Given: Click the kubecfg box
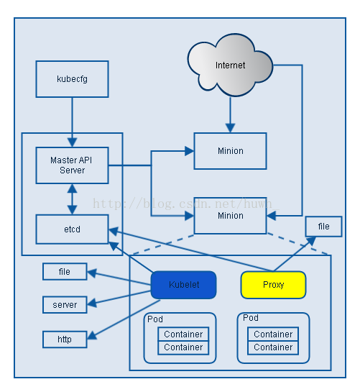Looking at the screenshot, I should click(x=72, y=79).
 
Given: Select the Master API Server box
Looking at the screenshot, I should click(x=72, y=165).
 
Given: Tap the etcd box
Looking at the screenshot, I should click(x=72, y=229).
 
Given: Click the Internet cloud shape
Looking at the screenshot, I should click(x=230, y=65).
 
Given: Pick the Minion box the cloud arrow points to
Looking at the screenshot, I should click(x=230, y=151).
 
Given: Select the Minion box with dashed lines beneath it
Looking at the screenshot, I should click(x=230, y=215).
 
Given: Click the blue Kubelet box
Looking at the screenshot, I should click(x=183, y=284).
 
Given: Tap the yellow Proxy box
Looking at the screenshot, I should click(x=273, y=284).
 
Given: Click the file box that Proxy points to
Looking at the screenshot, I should click(x=323, y=226).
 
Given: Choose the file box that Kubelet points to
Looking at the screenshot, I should click(x=65, y=272).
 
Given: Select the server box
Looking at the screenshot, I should click(x=65, y=304).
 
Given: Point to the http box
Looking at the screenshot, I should click(x=65, y=338).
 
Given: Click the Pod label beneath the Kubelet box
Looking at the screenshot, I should click(x=154, y=319).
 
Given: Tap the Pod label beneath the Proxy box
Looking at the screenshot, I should click(x=250, y=317).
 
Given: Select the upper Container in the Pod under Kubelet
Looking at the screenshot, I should click(x=183, y=334).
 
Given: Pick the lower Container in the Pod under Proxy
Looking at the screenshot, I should click(x=273, y=347).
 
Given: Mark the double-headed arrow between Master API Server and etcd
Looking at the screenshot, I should click(x=72, y=199).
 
